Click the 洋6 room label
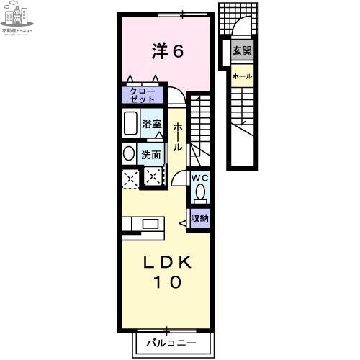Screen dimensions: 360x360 click(x=168, y=51)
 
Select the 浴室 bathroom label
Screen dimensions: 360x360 click(x=152, y=123)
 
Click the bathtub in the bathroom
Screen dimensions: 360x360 click(x=131, y=123)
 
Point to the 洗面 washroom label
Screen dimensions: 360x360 click(x=150, y=154)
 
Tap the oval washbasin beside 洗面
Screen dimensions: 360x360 click(x=128, y=153)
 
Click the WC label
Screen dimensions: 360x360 click(x=199, y=177)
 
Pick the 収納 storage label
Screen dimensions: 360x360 click(x=199, y=218)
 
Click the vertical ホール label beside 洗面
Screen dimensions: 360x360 click(x=178, y=136)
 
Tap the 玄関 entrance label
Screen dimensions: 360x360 click(x=242, y=52)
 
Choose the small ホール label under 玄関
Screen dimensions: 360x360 click(x=242, y=76)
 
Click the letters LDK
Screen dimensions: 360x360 click(x=166, y=263)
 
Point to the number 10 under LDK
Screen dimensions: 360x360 click(x=166, y=283)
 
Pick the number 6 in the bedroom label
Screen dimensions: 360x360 click(x=178, y=51)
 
